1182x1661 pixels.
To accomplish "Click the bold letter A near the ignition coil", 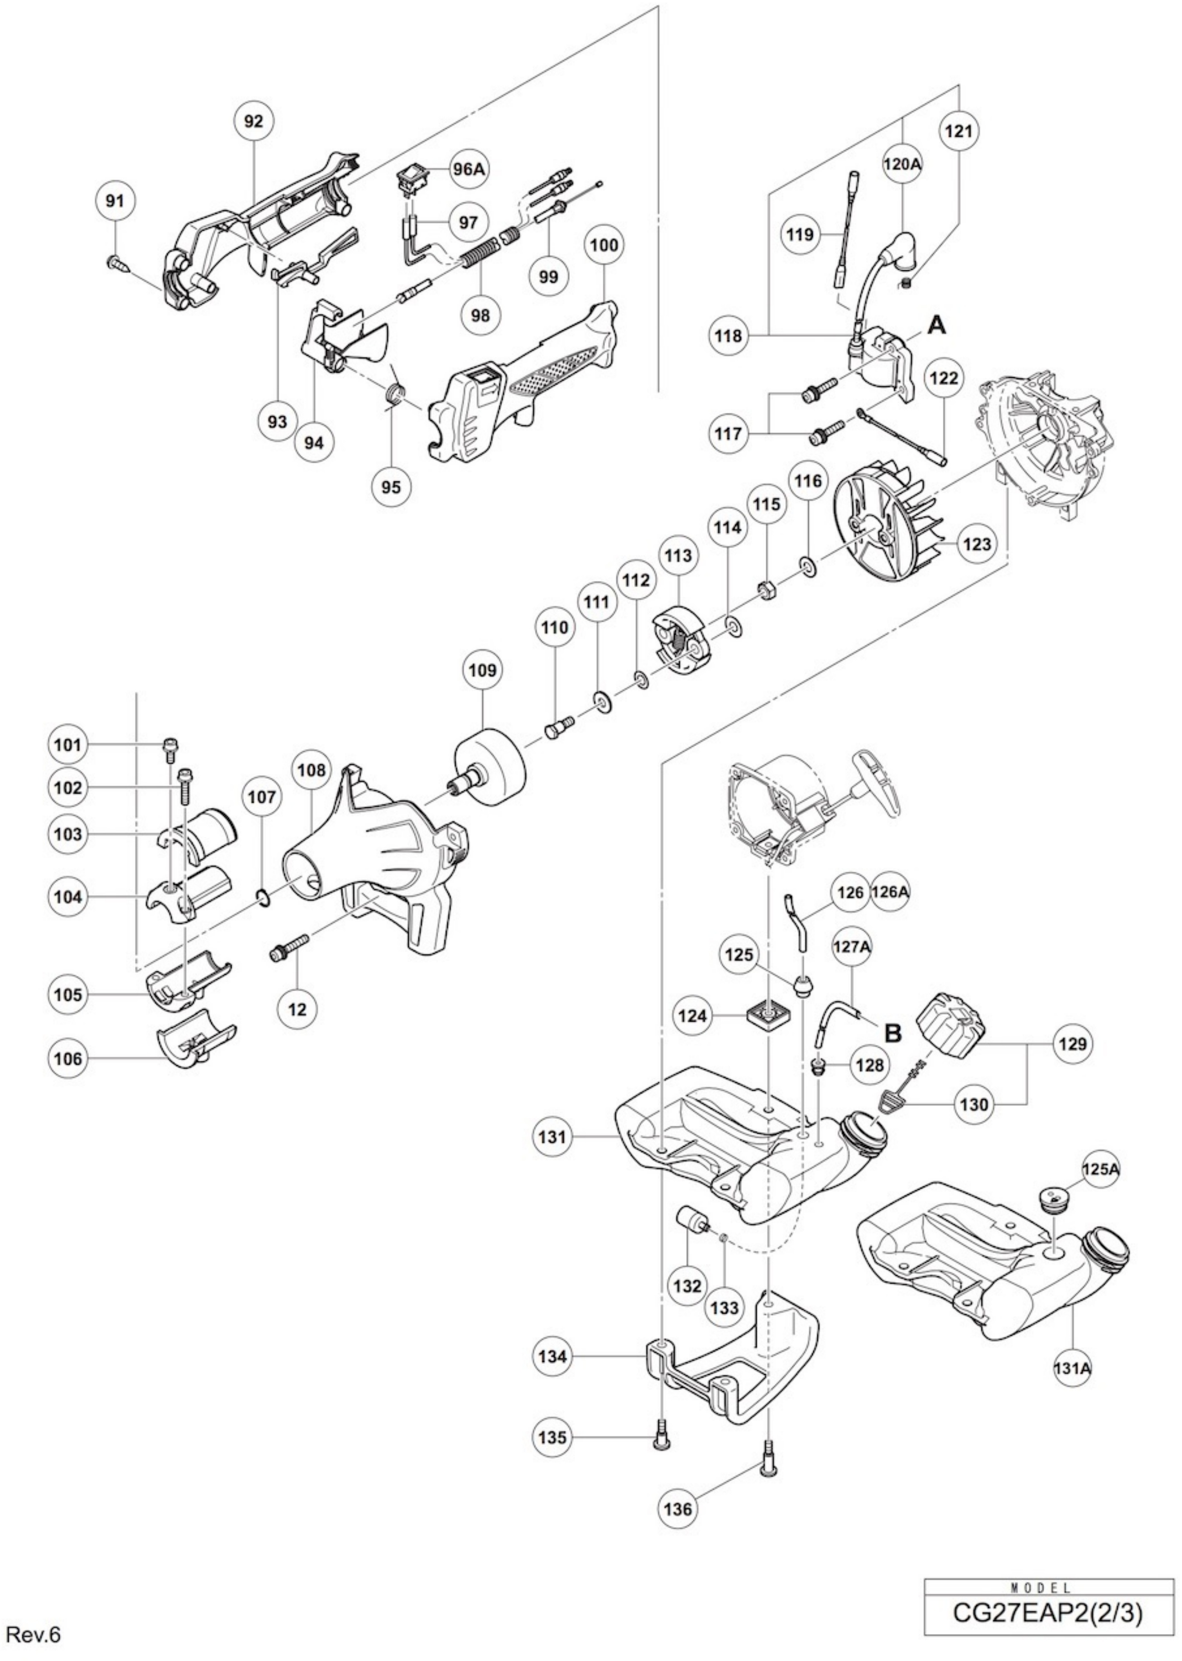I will pos(938,326).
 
